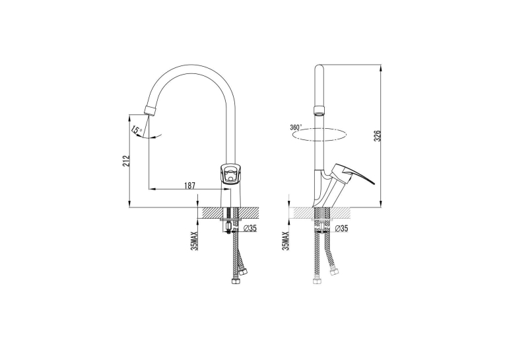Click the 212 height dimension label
(x=126, y=161)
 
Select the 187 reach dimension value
(x=189, y=186)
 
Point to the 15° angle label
(x=137, y=130)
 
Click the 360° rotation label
(x=296, y=127)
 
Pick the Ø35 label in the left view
(x=250, y=229)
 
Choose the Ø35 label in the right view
(x=342, y=229)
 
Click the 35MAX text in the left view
(x=195, y=240)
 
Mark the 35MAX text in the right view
(x=285, y=240)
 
